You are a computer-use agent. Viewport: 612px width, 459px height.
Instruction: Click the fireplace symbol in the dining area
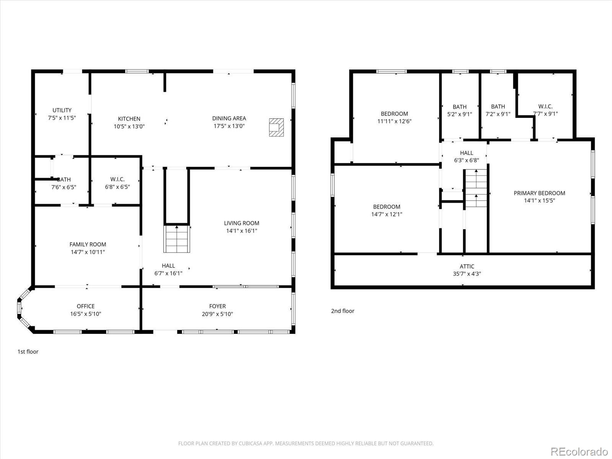[276, 127]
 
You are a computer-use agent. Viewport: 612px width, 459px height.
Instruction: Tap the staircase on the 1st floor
[177, 239]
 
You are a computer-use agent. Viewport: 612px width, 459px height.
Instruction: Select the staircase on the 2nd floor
[476, 188]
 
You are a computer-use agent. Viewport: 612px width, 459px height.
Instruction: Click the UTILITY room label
[62, 110]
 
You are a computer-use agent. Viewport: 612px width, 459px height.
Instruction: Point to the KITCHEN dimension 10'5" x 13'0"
[129, 126]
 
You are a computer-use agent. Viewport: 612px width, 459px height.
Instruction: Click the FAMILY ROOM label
[88, 244]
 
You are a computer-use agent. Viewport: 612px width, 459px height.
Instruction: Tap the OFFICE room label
[86, 306]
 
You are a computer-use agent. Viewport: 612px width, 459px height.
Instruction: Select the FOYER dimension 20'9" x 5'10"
[217, 314]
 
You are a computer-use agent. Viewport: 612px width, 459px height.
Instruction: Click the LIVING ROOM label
[241, 223]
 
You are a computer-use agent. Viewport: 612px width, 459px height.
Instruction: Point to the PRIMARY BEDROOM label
[539, 193]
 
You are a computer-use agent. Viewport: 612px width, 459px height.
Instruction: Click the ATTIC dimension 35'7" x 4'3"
[467, 274]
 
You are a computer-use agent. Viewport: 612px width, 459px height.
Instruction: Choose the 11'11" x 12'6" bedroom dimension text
[394, 121]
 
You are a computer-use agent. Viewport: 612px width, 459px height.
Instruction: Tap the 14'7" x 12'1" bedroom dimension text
[387, 214]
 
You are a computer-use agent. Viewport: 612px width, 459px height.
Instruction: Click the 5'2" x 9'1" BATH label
[459, 107]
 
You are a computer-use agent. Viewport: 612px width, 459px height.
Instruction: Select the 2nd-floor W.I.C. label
[545, 106]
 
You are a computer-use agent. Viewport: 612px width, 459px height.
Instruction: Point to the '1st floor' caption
[28, 352]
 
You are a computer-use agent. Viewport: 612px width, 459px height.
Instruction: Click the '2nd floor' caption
[342, 311]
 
